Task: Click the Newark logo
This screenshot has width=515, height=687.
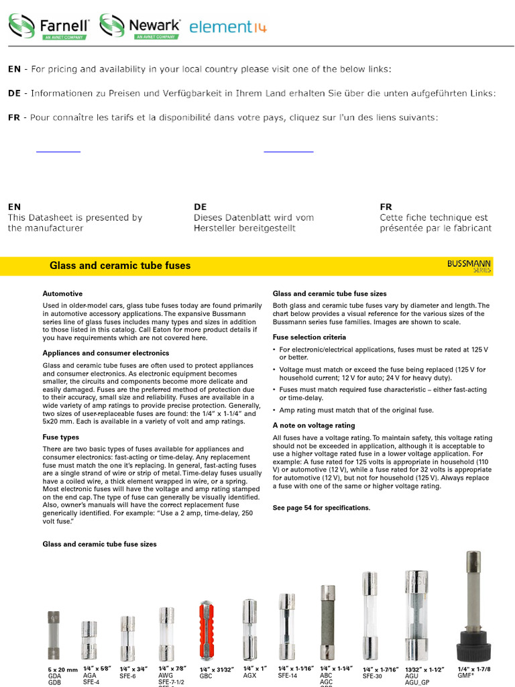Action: point(140,27)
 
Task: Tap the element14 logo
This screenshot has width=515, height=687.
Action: point(228,28)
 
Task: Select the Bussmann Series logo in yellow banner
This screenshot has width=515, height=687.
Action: point(469,266)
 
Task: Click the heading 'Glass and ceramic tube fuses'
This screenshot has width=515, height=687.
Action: point(120,266)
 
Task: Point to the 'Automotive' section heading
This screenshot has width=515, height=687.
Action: point(62,294)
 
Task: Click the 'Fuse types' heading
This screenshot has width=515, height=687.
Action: point(60,437)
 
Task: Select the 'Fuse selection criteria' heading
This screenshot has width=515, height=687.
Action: point(309,337)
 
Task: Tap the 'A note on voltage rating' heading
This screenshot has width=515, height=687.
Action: point(313,425)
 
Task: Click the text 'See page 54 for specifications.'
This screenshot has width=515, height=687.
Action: point(321,508)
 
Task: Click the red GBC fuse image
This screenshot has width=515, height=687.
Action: point(207,631)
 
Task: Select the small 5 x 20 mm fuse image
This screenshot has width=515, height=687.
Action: point(54,635)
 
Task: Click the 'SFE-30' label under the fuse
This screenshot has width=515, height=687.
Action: point(372,676)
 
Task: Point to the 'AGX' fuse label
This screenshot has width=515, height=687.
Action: point(250,676)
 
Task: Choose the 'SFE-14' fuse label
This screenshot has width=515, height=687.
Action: point(287,676)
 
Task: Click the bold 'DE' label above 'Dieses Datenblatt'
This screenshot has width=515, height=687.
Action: point(200,207)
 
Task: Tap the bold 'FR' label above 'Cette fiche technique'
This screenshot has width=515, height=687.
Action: point(386,207)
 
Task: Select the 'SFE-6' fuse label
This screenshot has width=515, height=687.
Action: point(127,676)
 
